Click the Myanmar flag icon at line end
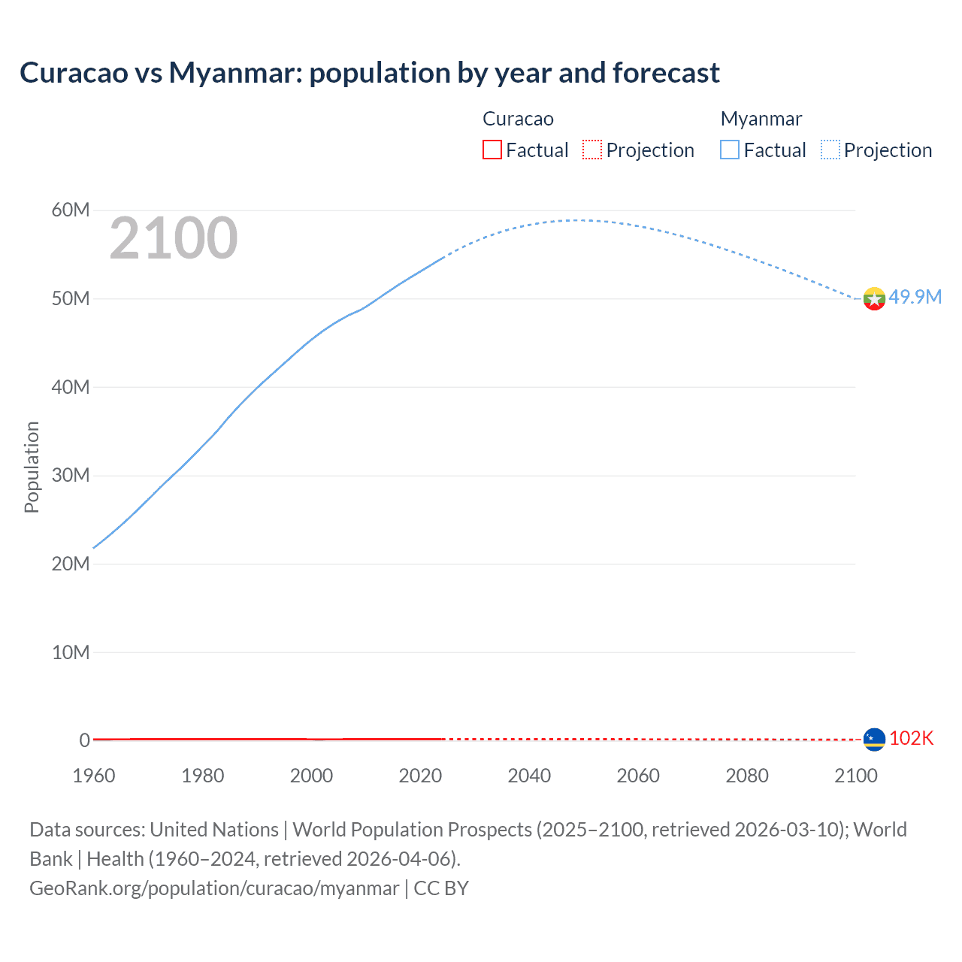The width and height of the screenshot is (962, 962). click(x=874, y=299)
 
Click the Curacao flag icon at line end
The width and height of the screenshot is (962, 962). click(x=874, y=740)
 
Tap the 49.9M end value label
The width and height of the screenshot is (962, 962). click(x=915, y=297)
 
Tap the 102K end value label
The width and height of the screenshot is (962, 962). click(x=911, y=738)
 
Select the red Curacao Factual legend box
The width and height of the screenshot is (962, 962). click(x=492, y=150)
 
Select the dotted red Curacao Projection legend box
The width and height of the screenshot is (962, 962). click(x=592, y=150)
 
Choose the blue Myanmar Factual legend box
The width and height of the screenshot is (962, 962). click(x=730, y=150)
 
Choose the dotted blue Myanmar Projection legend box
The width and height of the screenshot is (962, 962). click(x=830, y=150)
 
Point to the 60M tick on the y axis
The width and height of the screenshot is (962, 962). click(x=71, y=210)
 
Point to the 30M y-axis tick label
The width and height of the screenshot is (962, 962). click(x=71, y=475)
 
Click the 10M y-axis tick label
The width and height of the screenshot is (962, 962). click(x=71, y=652)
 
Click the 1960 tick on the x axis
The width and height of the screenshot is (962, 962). click(x=94, y=776)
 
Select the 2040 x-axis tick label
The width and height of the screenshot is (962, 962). click(x=529, y=776)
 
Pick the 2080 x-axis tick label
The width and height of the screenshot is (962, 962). click(x=747, y=776)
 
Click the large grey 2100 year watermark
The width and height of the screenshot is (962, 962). click(x=174, y=238)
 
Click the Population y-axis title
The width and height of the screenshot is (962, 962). click(x=32, y=467)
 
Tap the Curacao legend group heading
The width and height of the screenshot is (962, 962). click(x=518, y=119)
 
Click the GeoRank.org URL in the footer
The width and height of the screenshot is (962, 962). click(x=214, y=888)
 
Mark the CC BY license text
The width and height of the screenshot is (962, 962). click(x=441, y=888)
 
